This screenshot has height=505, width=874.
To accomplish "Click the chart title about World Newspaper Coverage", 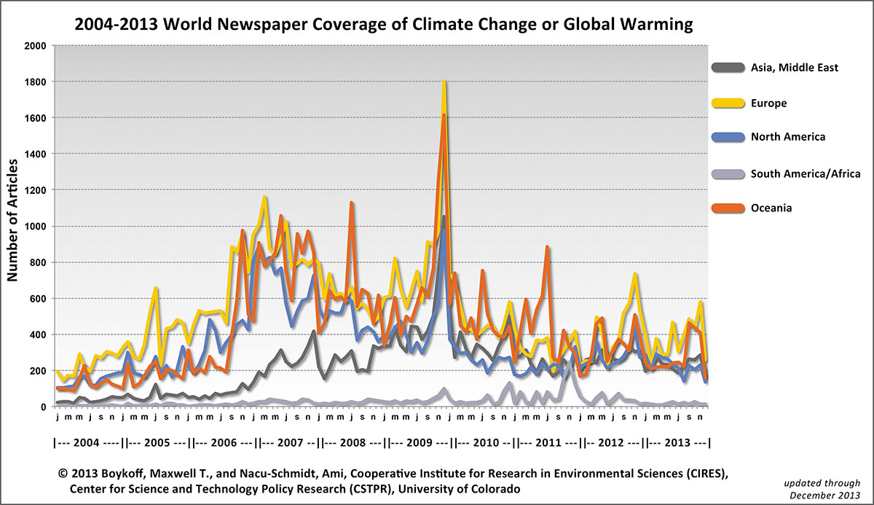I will pos(383,25).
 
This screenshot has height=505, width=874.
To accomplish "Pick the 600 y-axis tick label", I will pos(37,298).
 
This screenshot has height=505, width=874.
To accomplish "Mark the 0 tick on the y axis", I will pos(43,407).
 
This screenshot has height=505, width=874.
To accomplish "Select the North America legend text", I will pos(788,137).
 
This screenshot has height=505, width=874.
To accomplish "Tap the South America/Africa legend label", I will pos(806,173).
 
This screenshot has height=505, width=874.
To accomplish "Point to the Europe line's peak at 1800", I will pos(444,82).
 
